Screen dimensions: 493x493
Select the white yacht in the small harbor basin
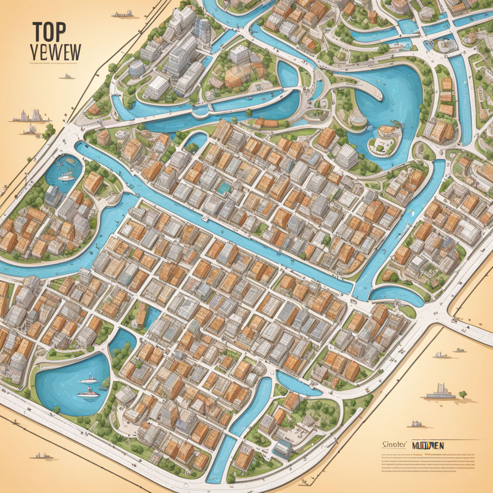pos(66,177)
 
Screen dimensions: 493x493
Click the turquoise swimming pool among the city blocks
pos(223,187)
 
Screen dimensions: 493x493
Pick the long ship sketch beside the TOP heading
pos(122,14)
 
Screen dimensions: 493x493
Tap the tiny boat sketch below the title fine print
pos(67,76)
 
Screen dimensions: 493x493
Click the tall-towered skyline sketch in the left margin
pos(32,116)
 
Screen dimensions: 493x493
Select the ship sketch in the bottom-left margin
pos(42,455)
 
